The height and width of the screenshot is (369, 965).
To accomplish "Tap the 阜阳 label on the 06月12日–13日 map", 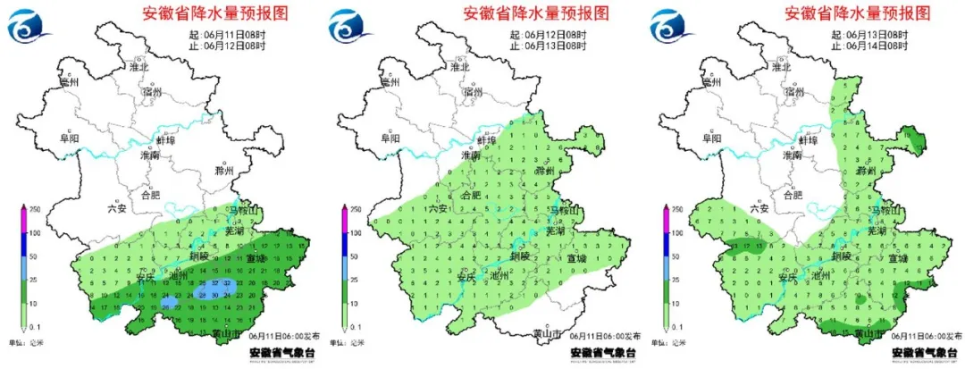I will (391, 138).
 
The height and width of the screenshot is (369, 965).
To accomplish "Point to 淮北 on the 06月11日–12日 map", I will (138, 66).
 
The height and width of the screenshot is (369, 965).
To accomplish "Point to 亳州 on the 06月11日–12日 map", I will (69, 81).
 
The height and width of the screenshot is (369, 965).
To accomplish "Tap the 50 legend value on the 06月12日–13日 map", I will (356, 256).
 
